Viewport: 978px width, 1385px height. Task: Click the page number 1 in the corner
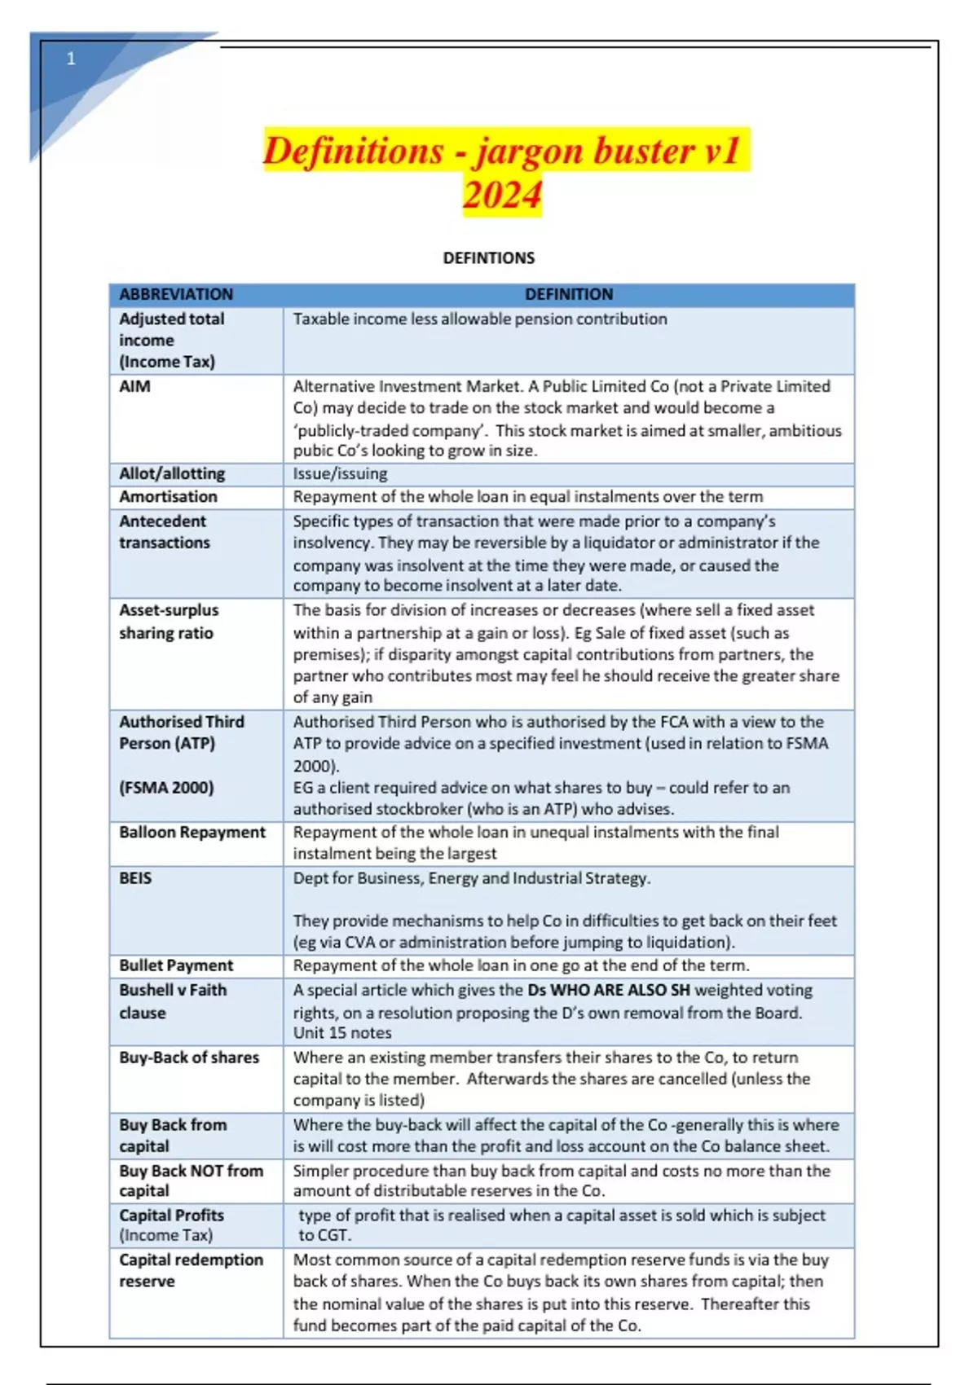(x=71, y=59)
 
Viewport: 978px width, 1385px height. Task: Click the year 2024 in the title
(x=502, y=196)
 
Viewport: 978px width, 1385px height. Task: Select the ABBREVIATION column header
(x=176, y=294)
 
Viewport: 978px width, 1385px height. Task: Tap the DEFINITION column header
(x=568, y=294)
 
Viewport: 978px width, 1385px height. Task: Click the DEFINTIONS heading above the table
(x=488, y=258)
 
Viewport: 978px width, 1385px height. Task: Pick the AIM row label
(x=134, y=386)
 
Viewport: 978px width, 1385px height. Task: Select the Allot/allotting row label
(x=172, y=473)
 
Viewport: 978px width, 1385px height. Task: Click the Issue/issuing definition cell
(x=340, y=473)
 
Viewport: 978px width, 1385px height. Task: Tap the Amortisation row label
(x=168, y=496)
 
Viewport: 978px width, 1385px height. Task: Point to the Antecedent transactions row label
(x=164, y=531)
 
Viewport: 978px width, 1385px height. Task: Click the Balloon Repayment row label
(x=192, y=832)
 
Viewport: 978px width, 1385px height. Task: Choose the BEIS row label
(x=135, y=878)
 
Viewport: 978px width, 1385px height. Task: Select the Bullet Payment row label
(x=176, y=965)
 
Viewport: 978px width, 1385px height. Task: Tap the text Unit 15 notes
(x=342, y=1033)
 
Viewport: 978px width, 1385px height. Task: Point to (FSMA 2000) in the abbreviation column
(x=166, y=788)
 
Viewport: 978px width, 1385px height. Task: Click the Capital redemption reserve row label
(x=191, y=1269)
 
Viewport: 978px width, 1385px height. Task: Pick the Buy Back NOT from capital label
(x=191, y=1181)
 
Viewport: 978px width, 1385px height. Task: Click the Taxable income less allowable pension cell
(x=479, y=319)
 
